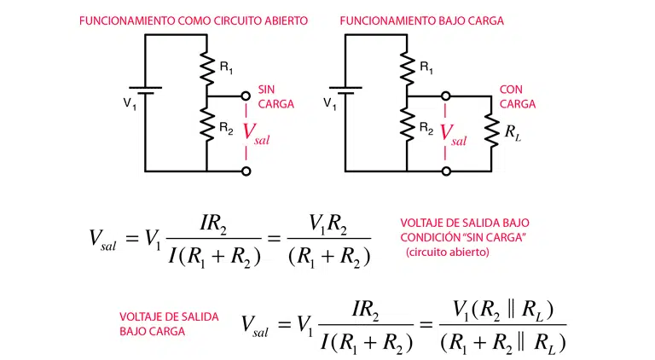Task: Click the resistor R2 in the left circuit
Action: pos(206,125)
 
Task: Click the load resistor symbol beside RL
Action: pos(491,131)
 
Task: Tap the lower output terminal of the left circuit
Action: pos(246,171)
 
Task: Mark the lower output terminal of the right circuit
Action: pos(445,171)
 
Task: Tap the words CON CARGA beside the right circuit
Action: pos(517,96)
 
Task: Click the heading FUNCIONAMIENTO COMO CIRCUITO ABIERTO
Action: pos(193,18)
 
